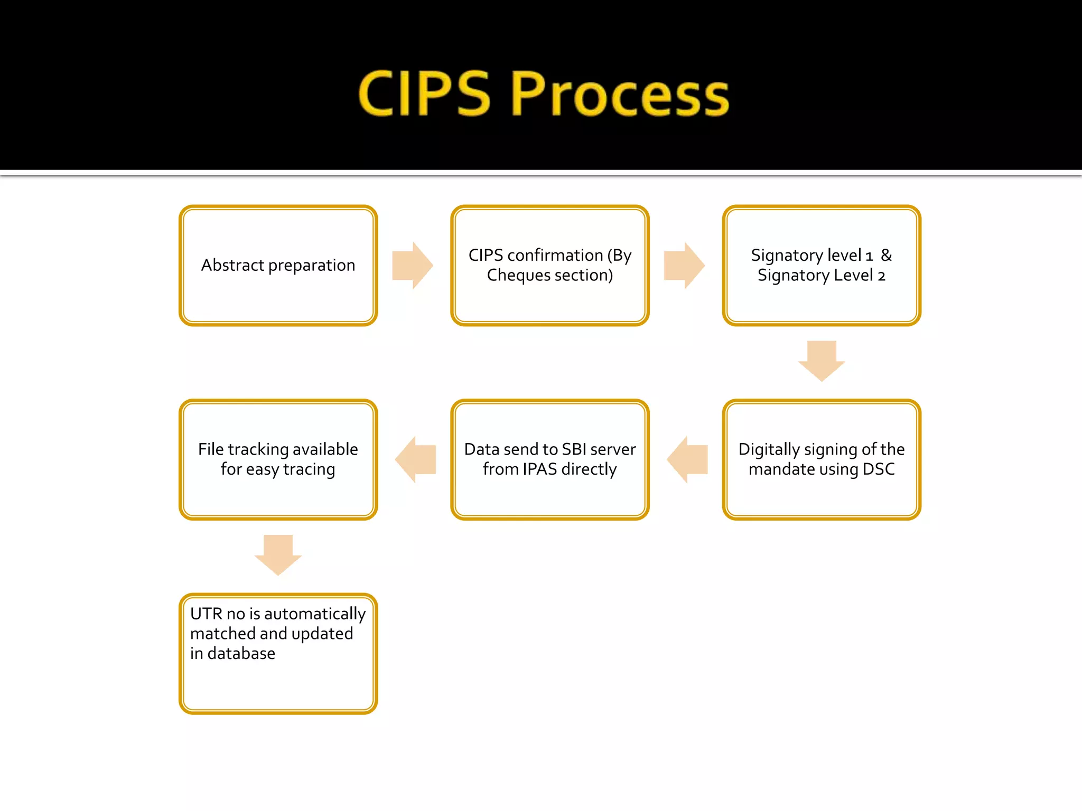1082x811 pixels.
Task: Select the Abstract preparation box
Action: tap(278, 266)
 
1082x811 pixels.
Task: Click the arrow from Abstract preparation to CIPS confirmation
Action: tap(413, 266)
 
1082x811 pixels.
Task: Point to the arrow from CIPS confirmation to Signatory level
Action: tap(684, 266)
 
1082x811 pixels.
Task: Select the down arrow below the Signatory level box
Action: tap(822, 361)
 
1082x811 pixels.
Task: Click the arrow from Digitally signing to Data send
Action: tap(687, 459)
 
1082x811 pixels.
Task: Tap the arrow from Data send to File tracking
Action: tap(416, 459)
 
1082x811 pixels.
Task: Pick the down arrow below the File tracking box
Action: tap(278, 555)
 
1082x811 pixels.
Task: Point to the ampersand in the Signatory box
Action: tap(886, 256)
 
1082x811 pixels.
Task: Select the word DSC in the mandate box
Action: tap(879, 469)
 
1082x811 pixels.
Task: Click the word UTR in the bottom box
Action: tap(206, 614)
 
